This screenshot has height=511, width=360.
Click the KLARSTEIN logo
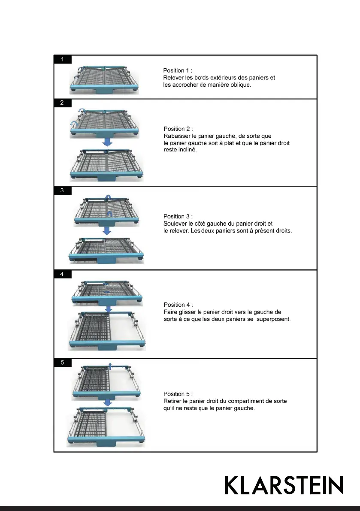point(284,485)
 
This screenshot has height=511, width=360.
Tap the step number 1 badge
point(63,60)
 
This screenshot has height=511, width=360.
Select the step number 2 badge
point(63,103)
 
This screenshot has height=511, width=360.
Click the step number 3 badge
point(63,190)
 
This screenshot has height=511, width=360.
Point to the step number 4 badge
point(63,274)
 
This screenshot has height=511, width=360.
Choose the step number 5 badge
point(63,363)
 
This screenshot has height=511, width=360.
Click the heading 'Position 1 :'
point(178,70)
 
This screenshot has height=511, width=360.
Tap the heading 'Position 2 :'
point(178,129)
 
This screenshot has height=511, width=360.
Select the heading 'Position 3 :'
point(178,216)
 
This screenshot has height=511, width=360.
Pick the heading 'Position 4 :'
point(178,305)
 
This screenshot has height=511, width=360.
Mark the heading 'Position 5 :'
point(178,394)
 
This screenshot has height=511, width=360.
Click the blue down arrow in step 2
point(107,142)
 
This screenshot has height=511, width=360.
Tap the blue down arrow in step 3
point(107,230)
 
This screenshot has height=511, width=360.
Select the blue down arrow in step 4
point(109,308)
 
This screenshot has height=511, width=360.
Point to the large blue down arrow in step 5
point(108,402)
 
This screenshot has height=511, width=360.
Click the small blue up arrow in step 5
point(110,365)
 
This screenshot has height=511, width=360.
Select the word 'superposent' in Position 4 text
point(276,320)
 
